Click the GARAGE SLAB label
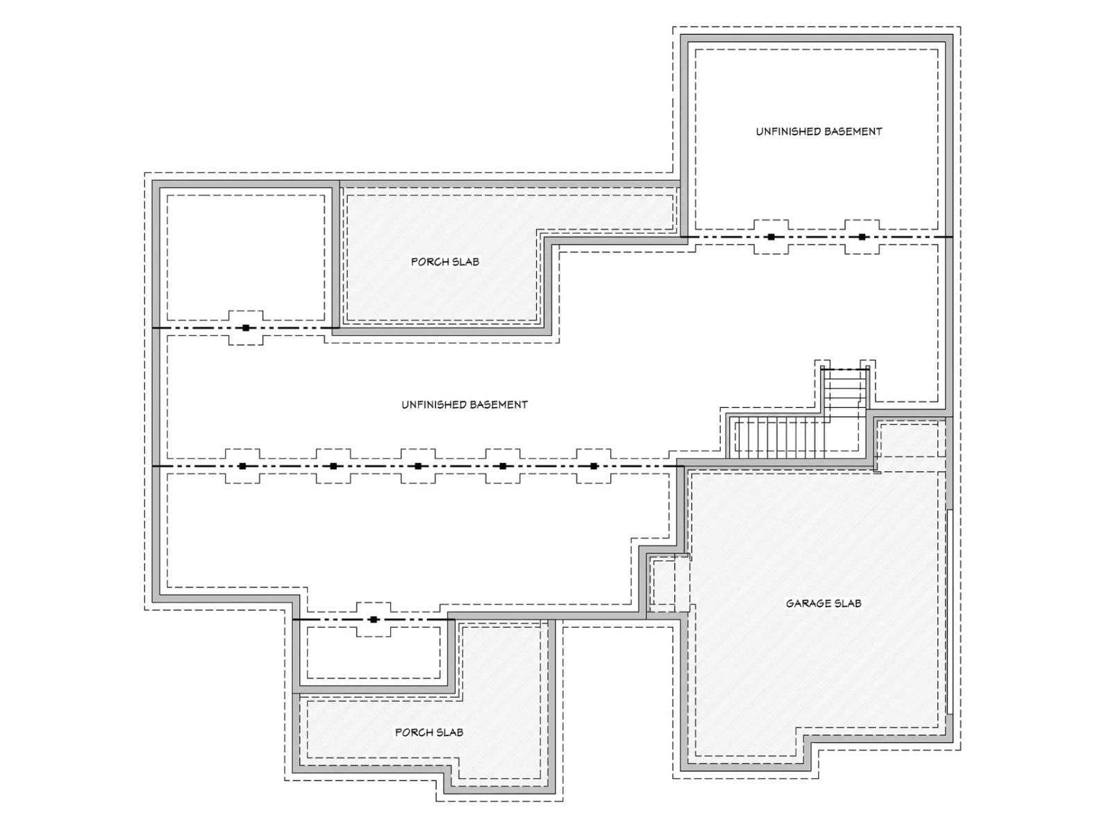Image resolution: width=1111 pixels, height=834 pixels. click(823, 603)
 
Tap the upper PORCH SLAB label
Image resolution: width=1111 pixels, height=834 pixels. click(444, 262)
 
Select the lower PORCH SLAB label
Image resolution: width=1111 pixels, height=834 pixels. click(428, 733)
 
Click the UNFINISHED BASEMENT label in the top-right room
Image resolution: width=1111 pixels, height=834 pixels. click(819, 131)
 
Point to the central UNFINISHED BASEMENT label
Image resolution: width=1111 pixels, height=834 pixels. click(464, 404)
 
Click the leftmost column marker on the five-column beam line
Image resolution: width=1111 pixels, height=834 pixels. click(242, 466)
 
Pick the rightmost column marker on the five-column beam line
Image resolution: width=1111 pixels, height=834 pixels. click(594, 466)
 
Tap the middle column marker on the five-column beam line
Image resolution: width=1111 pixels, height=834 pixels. click(417, 466)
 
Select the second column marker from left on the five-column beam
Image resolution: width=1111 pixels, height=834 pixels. click(333, 466)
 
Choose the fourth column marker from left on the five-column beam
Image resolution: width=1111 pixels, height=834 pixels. click(503, 466)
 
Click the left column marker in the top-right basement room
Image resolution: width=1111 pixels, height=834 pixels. click(771, 236)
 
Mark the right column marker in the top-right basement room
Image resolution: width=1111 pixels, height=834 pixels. click(862, 236)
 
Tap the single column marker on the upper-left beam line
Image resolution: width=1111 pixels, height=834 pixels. click(246, 327)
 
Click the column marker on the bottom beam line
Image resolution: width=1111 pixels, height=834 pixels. click(374, 619)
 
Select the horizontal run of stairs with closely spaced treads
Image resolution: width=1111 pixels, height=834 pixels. click(781, 437)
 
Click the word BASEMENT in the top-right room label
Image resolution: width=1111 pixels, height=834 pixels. click(853, 131)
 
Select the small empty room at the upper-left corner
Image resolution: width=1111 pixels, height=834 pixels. click(246, 257)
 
